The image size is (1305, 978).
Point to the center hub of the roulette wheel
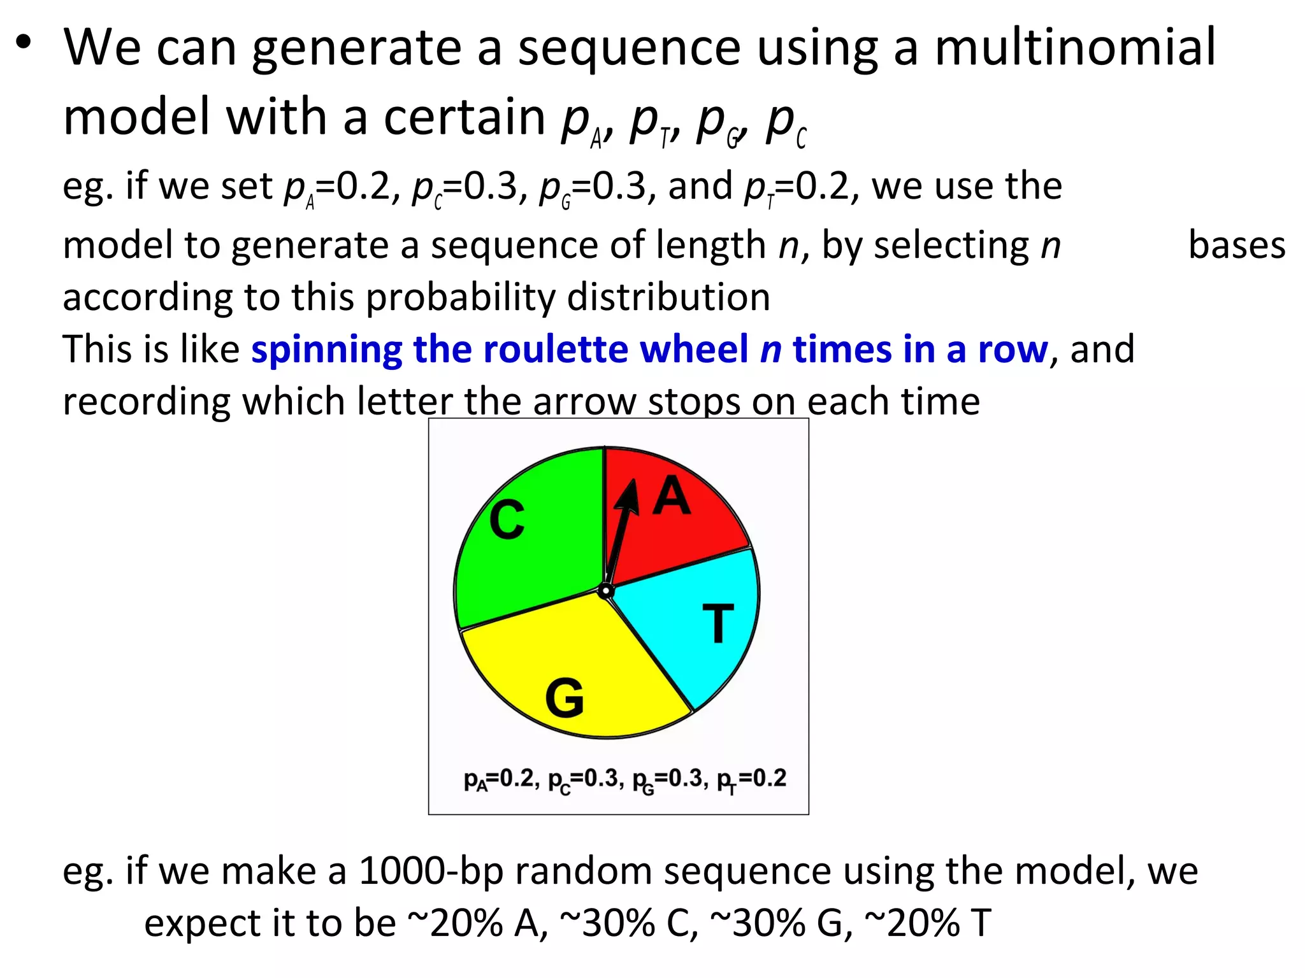coord(605,592)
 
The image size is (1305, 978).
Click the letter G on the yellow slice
coord(565,698)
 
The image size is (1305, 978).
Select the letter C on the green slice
coord(507,520)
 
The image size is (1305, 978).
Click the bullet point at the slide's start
coord(24,43)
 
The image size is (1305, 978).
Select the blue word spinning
coord(326,350)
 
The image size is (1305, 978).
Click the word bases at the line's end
coord(1237,245)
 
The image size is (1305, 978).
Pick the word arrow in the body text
coord(584,402)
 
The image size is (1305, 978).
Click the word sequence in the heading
coord(629,47)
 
